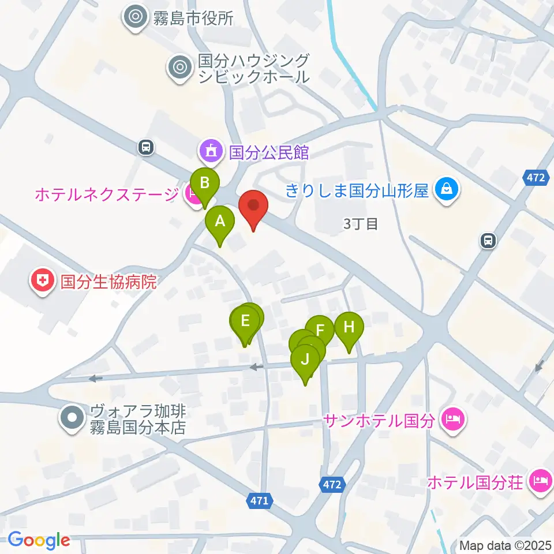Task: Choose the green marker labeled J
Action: (306, 360)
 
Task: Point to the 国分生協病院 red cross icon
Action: (43, 282)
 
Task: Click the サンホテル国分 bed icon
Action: (452, 420)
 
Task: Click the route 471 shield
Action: (260, 501)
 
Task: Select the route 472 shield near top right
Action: (535, 178)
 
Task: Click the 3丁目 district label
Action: (361, 224)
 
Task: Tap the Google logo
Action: (39, 540)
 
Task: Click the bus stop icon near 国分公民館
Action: (146, 148)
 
